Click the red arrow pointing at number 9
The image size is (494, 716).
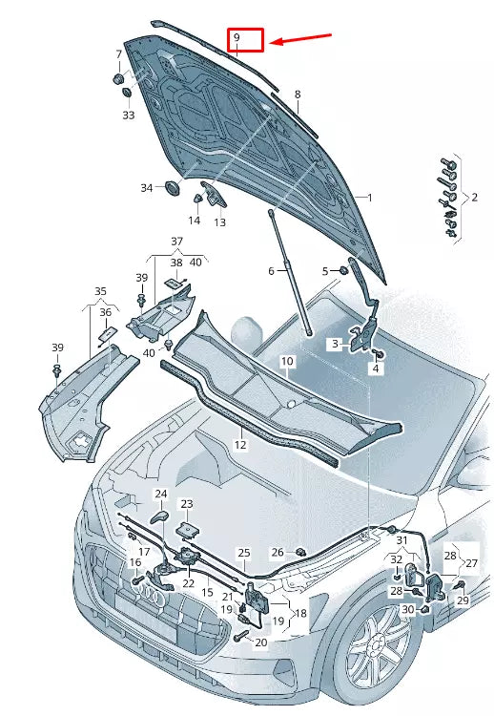(302, 39)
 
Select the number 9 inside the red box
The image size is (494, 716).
(237, 39)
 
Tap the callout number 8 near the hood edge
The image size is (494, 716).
(297, 95)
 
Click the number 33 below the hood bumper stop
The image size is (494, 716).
(129, 115)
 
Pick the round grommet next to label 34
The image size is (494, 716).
(173, 187)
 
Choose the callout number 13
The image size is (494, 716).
(219, 222)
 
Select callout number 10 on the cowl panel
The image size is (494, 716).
(287, 362)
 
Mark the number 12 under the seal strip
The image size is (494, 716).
(240, 445)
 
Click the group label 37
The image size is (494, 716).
(176, 241)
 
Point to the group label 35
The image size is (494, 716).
(100, 290)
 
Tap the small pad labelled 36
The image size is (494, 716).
(108, 331)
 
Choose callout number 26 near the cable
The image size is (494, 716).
(278, 552)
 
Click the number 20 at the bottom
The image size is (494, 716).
(261, 642)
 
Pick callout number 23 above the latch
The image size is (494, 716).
(187, 503)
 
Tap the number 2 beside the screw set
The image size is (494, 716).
(474, 198)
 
